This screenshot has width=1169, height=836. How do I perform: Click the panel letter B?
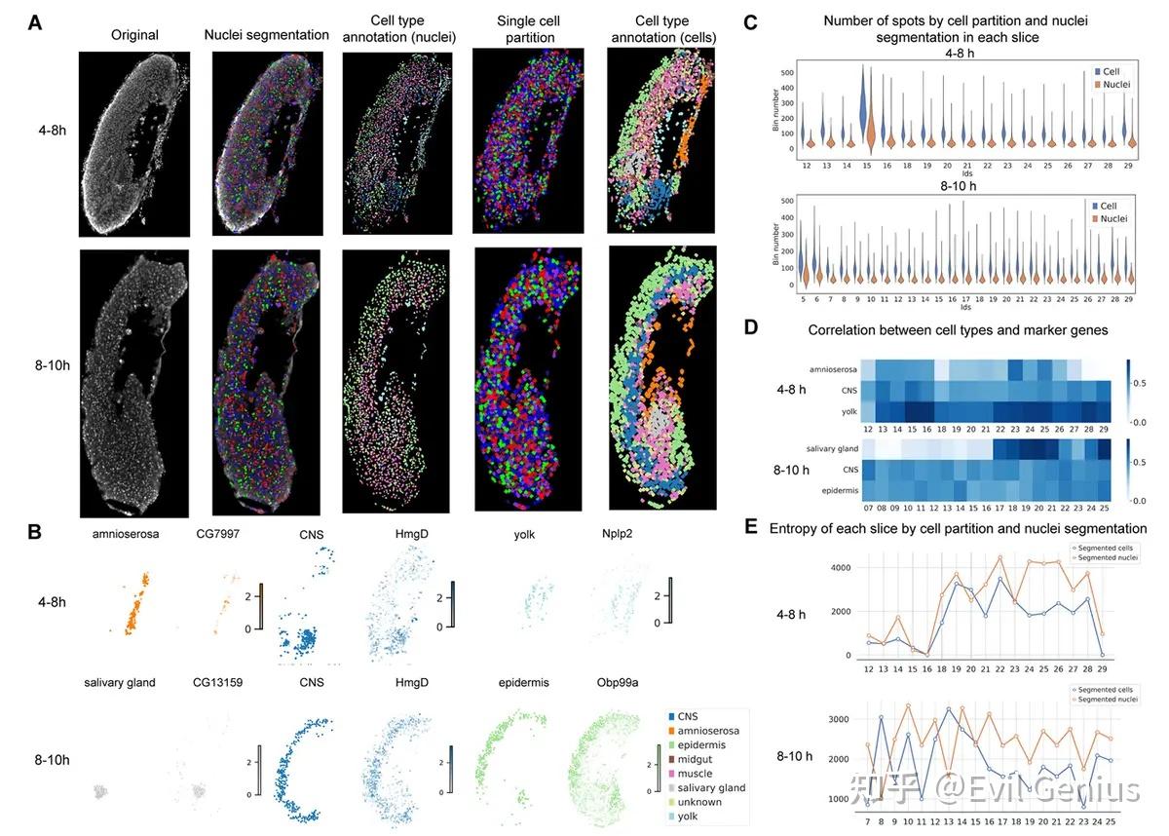(x=34, y=533)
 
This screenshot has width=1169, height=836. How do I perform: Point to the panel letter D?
(x=750, y=327)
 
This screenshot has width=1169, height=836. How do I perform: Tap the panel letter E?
(x=750, y=527)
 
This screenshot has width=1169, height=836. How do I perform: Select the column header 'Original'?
(x=133, y=35)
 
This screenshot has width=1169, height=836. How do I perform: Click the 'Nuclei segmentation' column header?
(x=267, y=35)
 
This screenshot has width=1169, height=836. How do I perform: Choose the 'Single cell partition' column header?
(x=525, y=28)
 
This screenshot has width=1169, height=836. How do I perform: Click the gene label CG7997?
(x=217, y=536)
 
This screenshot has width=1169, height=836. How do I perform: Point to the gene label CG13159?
(x=219, y=682)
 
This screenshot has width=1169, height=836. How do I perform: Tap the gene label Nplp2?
(x=622, y=536)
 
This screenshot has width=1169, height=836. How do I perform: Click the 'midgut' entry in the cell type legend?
(x=699, y=759)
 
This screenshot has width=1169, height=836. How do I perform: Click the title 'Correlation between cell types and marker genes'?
(x=958, y=330)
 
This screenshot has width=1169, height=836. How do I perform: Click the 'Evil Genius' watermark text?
(x=1052, y=790)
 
